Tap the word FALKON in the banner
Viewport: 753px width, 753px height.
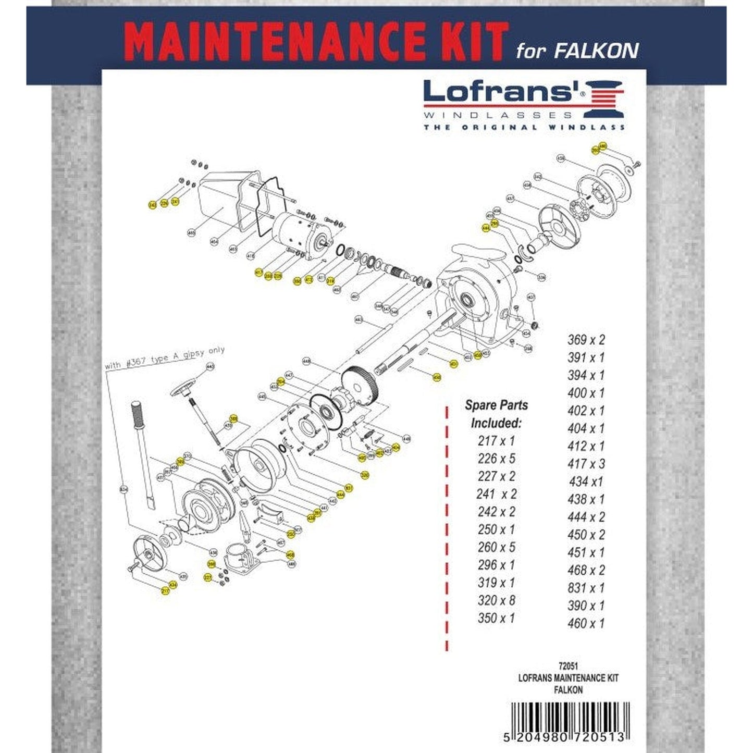coord(596,51)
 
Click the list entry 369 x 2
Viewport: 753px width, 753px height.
coord(586,340)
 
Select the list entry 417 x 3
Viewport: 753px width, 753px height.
coord(586,464)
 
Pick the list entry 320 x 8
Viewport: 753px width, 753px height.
coord(496,601)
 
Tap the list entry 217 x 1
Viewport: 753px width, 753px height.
coord(496,441)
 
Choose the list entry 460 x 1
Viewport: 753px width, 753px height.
coord(586,624)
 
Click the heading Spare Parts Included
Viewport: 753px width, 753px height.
coord(496,414)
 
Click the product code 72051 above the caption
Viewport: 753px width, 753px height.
coord(568,666)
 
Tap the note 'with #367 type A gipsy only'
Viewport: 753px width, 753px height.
coord(165,358)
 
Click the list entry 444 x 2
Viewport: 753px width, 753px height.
coord(586,517)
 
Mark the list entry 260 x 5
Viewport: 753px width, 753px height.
coord(496,548)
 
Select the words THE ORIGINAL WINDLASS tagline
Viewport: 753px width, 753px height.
coord(524,127)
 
